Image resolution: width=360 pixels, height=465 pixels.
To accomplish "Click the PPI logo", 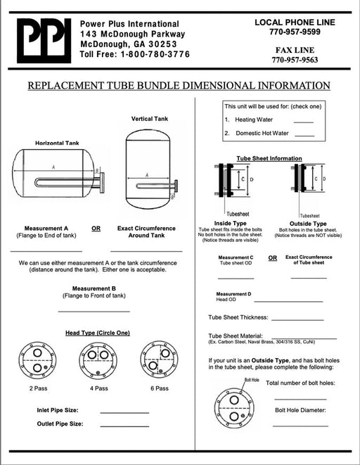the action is [x=44, y=41].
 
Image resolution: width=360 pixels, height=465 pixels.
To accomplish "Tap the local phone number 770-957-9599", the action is [x=295, y=32].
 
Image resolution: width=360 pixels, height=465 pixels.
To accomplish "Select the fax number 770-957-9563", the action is [x=295, y=60].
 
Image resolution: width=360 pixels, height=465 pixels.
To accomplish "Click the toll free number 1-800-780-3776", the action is [x=155, y=54].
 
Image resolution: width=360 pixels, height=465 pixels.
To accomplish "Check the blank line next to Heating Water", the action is [x=304, y=122].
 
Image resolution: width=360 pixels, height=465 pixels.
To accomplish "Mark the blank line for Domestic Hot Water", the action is [x=304, y=136].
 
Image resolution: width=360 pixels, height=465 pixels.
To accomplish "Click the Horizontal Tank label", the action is [x=57, y=143].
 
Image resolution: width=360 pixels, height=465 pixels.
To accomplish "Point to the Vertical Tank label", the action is [x=150, y=119].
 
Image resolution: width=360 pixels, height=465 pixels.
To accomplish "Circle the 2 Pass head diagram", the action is [x=37, y=360].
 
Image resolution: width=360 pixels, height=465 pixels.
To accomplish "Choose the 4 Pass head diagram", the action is [x=98, y=360].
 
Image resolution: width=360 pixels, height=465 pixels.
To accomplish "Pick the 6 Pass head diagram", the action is [x=160, y=359].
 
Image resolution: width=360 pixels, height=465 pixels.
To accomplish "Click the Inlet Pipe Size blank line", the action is [x=124, y=413].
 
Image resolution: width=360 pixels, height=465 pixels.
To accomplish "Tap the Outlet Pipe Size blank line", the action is [x=124, y=426].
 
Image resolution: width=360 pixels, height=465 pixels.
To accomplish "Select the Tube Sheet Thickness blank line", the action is [x=297, y=320].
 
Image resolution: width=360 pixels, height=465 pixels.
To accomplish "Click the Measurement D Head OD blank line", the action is [x=288, y=302].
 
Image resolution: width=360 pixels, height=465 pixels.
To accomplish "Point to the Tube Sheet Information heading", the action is [x=269, y=159].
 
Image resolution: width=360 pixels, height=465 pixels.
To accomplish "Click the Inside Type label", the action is [x=230, y=223].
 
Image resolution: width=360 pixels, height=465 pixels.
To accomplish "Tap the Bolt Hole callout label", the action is [x=252, y=380].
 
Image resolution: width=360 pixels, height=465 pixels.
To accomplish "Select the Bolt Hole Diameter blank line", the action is [x=300, y=426].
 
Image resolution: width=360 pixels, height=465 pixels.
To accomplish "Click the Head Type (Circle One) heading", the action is [x=98, y=333].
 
